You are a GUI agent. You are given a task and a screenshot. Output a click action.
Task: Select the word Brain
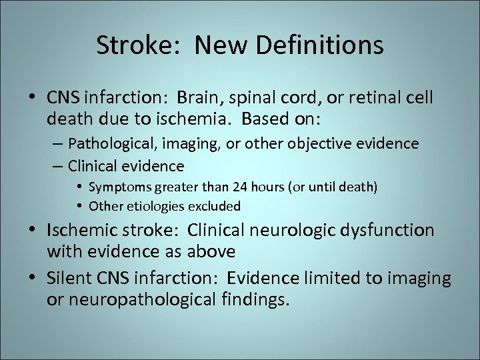coord(199,99)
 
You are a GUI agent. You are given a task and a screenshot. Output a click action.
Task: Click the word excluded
coord(212,206)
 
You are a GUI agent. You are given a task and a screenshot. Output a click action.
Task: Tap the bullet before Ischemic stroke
coord(33,231)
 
